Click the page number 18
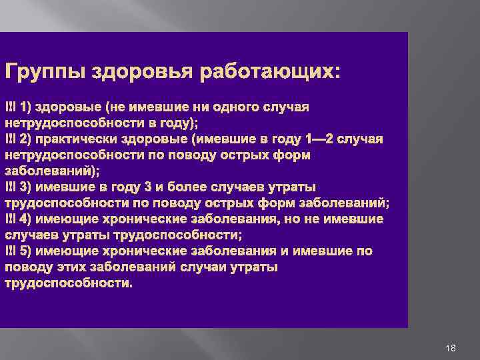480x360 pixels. point(451,349)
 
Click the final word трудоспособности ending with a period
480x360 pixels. point(69,283)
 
